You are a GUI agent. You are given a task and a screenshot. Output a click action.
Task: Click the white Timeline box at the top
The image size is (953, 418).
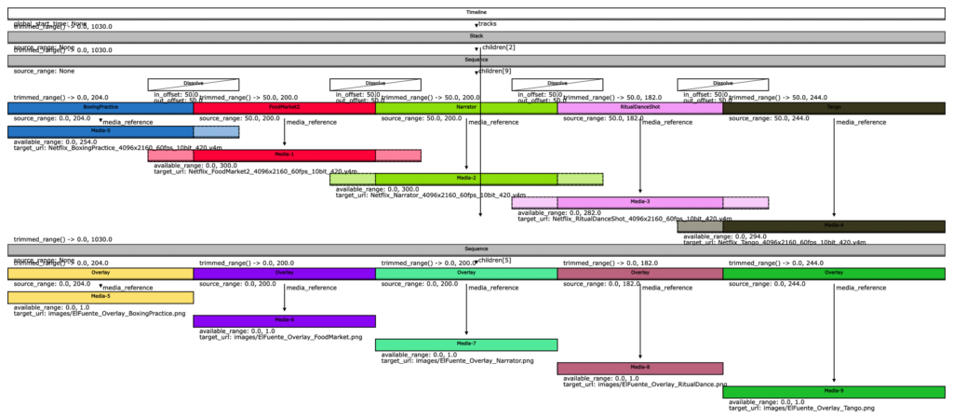coord(476,12)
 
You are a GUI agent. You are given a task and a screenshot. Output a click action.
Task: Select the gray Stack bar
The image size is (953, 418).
coord(476,36)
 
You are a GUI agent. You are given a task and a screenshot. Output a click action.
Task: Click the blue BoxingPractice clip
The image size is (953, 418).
coord(101,108)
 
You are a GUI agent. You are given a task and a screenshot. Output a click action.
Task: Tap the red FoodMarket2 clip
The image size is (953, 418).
coord(285,108)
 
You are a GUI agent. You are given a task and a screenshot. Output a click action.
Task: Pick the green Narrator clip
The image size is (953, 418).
coord(466,108)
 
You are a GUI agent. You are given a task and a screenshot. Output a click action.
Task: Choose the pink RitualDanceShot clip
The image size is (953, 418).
coord(640,108)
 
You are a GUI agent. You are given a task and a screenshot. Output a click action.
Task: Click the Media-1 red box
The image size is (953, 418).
coord(285,155)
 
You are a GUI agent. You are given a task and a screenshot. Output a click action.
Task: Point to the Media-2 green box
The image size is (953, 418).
coord(466,179)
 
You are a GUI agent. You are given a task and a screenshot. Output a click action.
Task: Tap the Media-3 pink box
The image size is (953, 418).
coord(640,202)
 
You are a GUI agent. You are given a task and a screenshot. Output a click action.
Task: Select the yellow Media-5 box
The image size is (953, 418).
coord(101,297)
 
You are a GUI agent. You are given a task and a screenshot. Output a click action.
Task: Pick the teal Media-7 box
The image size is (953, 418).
coord(466,344)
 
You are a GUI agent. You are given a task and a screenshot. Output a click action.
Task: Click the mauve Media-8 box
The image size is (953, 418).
coord(640,368)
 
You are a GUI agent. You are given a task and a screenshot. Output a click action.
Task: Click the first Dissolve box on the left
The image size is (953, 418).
coord(194,84)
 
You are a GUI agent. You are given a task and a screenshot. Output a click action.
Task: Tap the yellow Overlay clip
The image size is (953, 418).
coord(101,274)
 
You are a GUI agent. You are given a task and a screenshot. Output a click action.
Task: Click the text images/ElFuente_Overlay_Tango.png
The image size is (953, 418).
coord(801,408)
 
